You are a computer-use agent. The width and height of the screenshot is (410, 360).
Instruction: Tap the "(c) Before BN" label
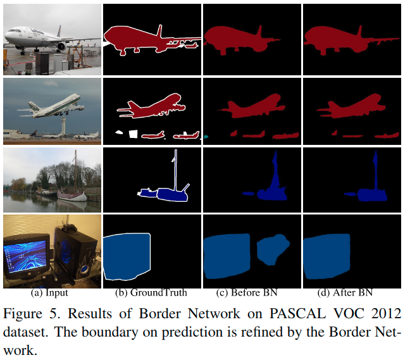(x=247, y=293)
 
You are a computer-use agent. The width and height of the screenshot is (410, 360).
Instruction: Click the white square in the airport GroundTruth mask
(x=132, y=133)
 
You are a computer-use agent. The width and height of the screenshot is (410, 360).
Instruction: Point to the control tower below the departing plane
(x=63, y=126)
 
